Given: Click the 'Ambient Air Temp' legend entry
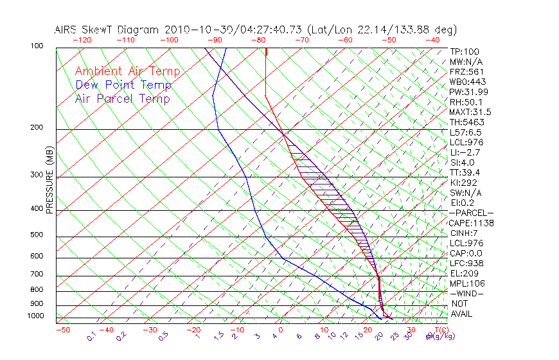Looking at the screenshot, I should point(127,71).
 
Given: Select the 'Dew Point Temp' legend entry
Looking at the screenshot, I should point(123,85).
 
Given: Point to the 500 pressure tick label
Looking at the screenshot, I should point(37,236).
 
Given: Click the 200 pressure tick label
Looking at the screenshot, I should point(37,128).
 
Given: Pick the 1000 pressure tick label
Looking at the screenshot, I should point(35,316).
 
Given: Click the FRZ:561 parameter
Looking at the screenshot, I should point(466,71).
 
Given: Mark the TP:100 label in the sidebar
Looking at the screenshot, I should point(465,51).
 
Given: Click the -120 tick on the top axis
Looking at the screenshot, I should point(82,40).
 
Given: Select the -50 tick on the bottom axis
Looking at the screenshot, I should point(63,330).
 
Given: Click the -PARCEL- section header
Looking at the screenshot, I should point(471,213).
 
